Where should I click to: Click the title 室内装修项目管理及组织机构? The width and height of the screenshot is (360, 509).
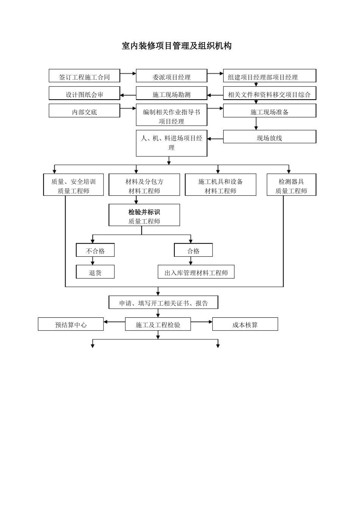coord(177,46)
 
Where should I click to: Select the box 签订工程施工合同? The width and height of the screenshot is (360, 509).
coord(84,76)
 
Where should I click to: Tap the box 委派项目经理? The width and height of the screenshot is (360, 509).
coord(171,76)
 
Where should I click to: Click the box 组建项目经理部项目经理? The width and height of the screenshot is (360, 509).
coord(269,76)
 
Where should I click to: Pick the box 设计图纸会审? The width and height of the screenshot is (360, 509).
coord(84,94)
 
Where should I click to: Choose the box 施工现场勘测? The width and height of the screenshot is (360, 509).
coord(171,94)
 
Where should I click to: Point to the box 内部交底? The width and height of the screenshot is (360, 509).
coord(84,111)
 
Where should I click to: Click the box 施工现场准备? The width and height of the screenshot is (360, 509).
coord(269,111)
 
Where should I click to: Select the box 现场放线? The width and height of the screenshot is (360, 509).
coord(269,137)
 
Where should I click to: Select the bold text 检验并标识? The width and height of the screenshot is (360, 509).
coord(144,212)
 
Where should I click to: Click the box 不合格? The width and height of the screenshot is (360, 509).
coord(95,250)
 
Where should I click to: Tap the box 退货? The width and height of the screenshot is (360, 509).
coord(95,272)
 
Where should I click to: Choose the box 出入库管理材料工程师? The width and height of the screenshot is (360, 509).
coord(196,272)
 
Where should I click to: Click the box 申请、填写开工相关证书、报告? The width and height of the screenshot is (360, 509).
coord(163,303)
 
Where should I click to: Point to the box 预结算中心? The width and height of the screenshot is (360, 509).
coord(70,324)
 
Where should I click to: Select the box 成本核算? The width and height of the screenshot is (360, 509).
coord(245,324)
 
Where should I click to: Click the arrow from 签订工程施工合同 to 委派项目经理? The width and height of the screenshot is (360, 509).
coord(128,73)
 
